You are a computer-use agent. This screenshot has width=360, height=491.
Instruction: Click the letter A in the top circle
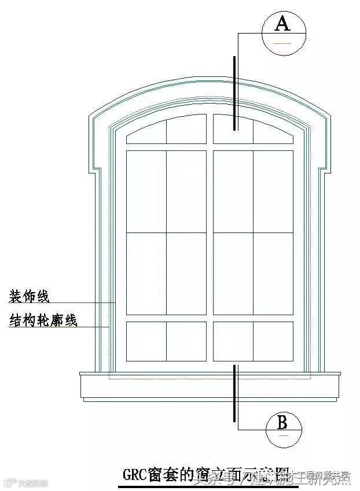(282, 24)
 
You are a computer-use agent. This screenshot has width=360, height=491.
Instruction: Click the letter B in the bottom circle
(282, 422)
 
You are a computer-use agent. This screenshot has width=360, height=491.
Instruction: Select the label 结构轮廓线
(43, 320)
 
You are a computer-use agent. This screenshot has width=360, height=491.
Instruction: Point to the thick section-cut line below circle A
(234, 93)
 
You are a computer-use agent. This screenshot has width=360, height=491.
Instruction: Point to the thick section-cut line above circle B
(234, 393)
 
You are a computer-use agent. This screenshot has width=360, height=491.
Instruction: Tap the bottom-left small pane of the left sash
(146, 341)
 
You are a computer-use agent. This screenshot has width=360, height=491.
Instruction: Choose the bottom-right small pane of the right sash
(273, 341)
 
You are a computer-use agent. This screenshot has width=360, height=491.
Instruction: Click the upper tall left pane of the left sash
(146, 191)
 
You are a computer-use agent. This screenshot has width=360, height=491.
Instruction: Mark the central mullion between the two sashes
(210, 243)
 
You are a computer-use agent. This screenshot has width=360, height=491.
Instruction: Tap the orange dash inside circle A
(282, 43)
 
